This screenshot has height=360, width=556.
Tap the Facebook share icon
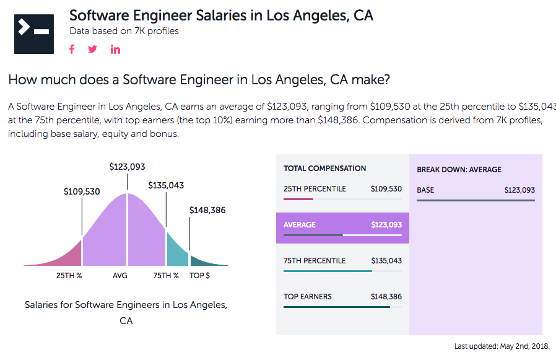click(x=72, y=50)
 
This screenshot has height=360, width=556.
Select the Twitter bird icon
click(x=93, y=50)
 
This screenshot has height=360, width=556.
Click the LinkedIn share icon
click(x=116, y=50)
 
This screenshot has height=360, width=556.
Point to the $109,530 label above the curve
click(x=82, y=191)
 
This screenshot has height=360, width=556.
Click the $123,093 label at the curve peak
click(x=127, y=167)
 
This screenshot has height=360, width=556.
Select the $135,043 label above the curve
click(x=166, y=185)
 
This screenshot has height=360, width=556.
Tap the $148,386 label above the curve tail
click(x=207, y=210)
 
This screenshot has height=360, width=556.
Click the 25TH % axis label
click(x=69, y=276)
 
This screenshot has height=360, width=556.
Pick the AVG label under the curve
click(x=120, y=276)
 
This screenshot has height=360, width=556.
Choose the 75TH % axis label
click(x=166, y=276)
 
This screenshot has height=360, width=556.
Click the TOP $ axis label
click(x=199, y=276)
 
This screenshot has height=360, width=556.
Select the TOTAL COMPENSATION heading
click(x=324, y=169)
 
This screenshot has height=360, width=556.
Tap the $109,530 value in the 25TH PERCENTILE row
click(x=386, y=189)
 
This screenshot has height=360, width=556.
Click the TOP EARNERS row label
click(x=308, y=297)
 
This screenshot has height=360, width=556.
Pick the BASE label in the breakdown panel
click(x=425, y=190)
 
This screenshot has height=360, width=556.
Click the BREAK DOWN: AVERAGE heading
click(x=459, y=170)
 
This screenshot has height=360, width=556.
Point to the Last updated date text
click(x=502, y=346)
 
